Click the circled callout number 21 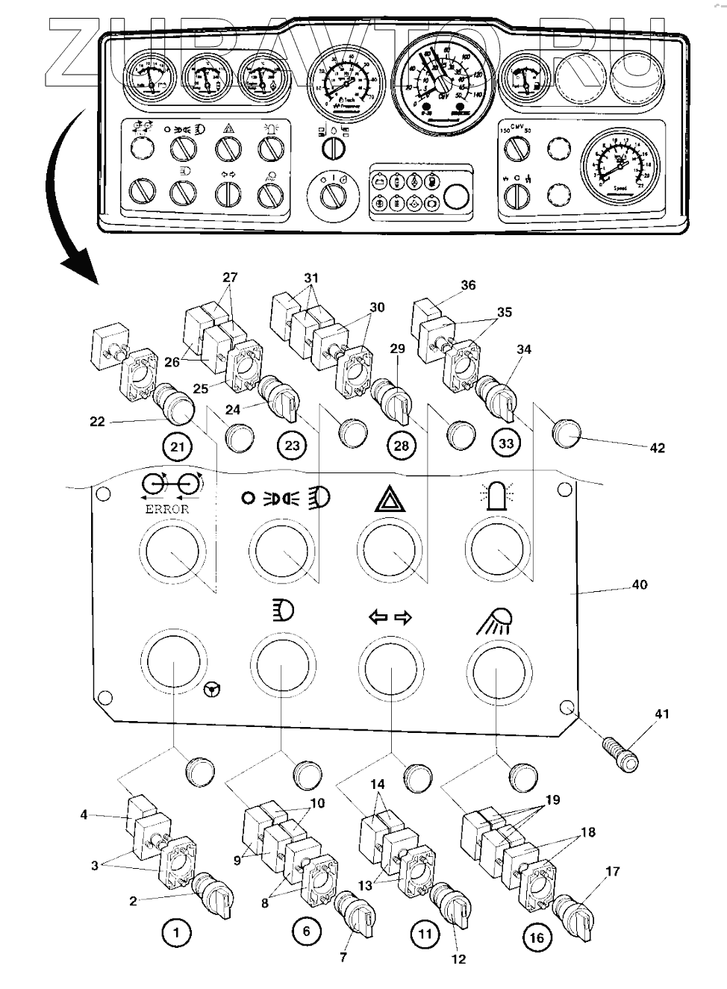[x=177, y=447]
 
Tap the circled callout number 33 [x=507, y=443]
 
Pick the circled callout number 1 [x=176, y=932]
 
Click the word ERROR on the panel [x=167, y=508]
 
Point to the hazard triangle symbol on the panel [x=389, y=496]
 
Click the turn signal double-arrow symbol [x=390, y=617]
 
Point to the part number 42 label [x=657, y=448]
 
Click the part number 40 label [x=640, y=584]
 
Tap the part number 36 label [x=468, y=285]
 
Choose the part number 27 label [x=230, y=278]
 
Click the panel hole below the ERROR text [x=173, y=551]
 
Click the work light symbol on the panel [x=496, y=619]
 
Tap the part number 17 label [x=613, y=871]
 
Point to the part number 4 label [x=84, y=814]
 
